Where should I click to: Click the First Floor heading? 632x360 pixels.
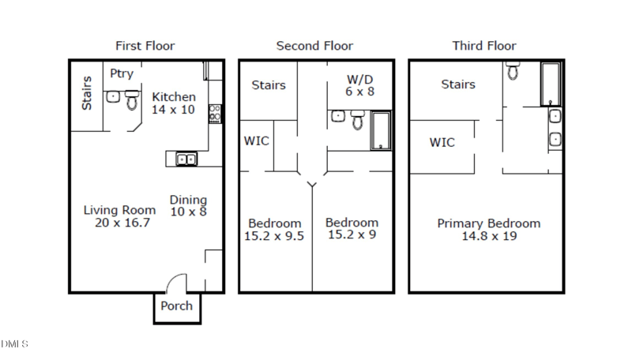[145, 46]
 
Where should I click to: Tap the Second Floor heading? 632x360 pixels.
[314, 46]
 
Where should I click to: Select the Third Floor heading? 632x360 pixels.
[484, 46]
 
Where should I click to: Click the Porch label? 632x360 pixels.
[176, 306]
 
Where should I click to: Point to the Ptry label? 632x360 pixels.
[122, 74]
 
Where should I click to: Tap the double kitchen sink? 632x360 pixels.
[186, 159]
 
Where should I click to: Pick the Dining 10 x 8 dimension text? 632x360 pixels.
[188, 211]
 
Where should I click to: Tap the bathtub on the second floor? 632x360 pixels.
[381, 130]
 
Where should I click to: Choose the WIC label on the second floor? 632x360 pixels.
[256, 141]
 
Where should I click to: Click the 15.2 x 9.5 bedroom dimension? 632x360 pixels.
[275, 235]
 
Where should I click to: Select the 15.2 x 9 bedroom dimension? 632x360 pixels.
[352, 234]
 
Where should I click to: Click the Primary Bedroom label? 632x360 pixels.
[488, 223]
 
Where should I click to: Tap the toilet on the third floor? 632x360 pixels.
[513, 73]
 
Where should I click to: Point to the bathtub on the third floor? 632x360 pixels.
[551, 84]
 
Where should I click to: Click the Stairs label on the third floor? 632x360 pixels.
[458, 84]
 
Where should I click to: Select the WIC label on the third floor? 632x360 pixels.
[442, 143]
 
